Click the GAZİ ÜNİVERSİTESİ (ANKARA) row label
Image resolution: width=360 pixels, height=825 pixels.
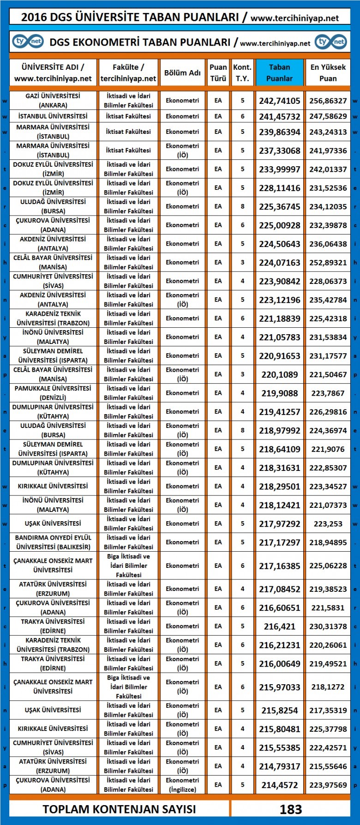coord(53,100)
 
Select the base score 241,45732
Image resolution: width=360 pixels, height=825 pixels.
coord(279,116)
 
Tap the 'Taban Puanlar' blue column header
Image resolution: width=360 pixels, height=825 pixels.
coord(279,72)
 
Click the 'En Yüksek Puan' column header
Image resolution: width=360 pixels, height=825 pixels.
coord(328,72)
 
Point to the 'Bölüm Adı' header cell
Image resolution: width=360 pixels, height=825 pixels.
coord(182,72)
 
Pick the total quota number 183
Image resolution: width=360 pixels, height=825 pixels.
coord(290,809)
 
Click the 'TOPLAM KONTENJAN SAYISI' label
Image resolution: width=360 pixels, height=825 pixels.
coord(119,809)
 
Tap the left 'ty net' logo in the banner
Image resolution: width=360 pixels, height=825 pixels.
coord(28,42)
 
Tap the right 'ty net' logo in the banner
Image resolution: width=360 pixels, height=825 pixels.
coord(331,42)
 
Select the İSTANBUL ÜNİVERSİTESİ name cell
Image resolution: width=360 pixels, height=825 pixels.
coord(53,116)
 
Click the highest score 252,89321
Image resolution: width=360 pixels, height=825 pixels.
coord(328,262)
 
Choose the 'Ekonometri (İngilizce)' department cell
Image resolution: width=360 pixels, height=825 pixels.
coord(182,784)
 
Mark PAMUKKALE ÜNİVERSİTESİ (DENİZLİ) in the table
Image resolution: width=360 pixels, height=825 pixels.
coord(53,393)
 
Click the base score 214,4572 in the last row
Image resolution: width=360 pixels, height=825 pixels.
coord(279,784)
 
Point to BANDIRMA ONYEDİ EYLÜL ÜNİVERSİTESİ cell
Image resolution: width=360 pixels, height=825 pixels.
coord(53,542)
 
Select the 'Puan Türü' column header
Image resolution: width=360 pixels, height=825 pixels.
coord(218,72)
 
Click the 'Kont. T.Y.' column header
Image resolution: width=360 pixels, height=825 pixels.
coord(242,72)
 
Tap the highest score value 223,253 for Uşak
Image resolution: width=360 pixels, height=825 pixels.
coord(328,524)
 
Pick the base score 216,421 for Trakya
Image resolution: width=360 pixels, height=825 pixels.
coord(279,626)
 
